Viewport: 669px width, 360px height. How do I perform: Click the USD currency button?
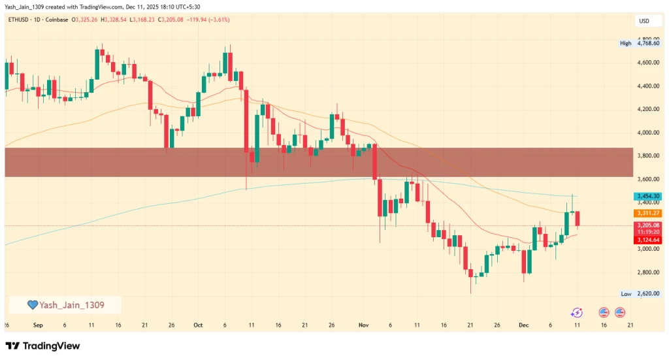644,21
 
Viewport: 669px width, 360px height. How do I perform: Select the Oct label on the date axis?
198,325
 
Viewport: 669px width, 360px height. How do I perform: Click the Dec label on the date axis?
523,325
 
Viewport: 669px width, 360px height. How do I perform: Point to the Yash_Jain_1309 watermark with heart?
65,304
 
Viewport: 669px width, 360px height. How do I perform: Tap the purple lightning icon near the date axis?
576,313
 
